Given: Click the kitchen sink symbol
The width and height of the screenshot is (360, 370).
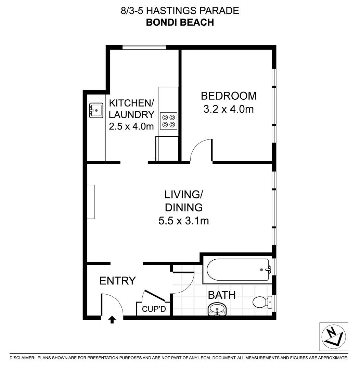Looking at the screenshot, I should tap(96, 110).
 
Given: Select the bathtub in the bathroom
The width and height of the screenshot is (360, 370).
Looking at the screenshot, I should tap(238, 270).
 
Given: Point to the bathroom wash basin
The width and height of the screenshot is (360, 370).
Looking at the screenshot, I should tap(217, 309).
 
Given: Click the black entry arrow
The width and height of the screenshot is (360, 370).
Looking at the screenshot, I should tap(112, 320).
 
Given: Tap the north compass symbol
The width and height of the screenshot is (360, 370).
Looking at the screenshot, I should tap(333, 337).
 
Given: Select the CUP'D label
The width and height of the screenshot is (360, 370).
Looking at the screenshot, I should tap(154, 309).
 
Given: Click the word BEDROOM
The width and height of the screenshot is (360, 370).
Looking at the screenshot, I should tap(228, 96).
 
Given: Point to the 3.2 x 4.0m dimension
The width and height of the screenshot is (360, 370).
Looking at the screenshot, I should tap(228, 110).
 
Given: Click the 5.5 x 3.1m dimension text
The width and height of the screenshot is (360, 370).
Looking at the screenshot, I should tap(184, 221).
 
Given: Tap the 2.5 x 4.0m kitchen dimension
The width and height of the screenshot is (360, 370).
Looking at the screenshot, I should tap(131, 126).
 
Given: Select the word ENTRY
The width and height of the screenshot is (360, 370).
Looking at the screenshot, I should tap(118, 281).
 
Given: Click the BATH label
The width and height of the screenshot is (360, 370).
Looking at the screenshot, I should tap(222, 295).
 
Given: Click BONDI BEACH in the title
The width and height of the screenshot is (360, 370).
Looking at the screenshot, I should tap(180, 22).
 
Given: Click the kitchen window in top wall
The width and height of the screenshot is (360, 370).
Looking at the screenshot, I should tap(144, 47).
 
